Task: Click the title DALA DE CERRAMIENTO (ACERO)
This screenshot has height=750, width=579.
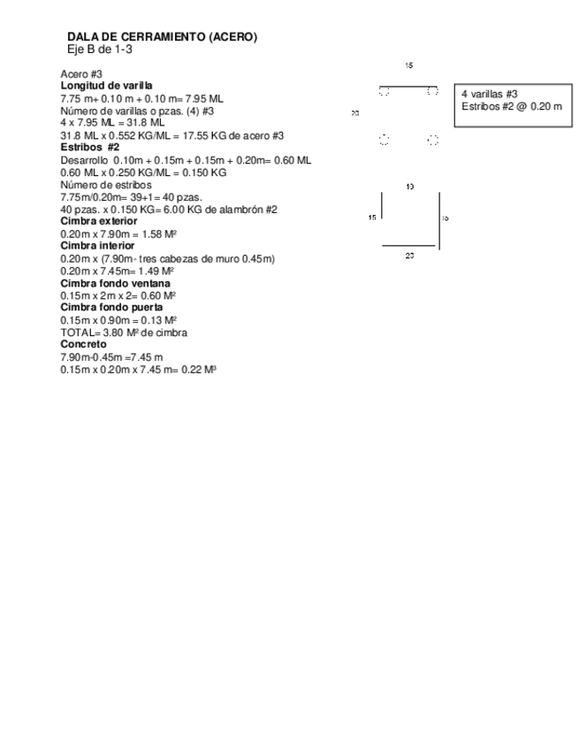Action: [x=162, y=36]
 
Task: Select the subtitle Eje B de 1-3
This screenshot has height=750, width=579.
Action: [x=101, y=49]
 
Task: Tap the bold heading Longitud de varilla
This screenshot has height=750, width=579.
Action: [x=100, y=86]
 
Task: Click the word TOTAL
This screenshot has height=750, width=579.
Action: [x=75, y=333]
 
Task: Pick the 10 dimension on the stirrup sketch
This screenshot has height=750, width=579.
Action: [x=409, y=187]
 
